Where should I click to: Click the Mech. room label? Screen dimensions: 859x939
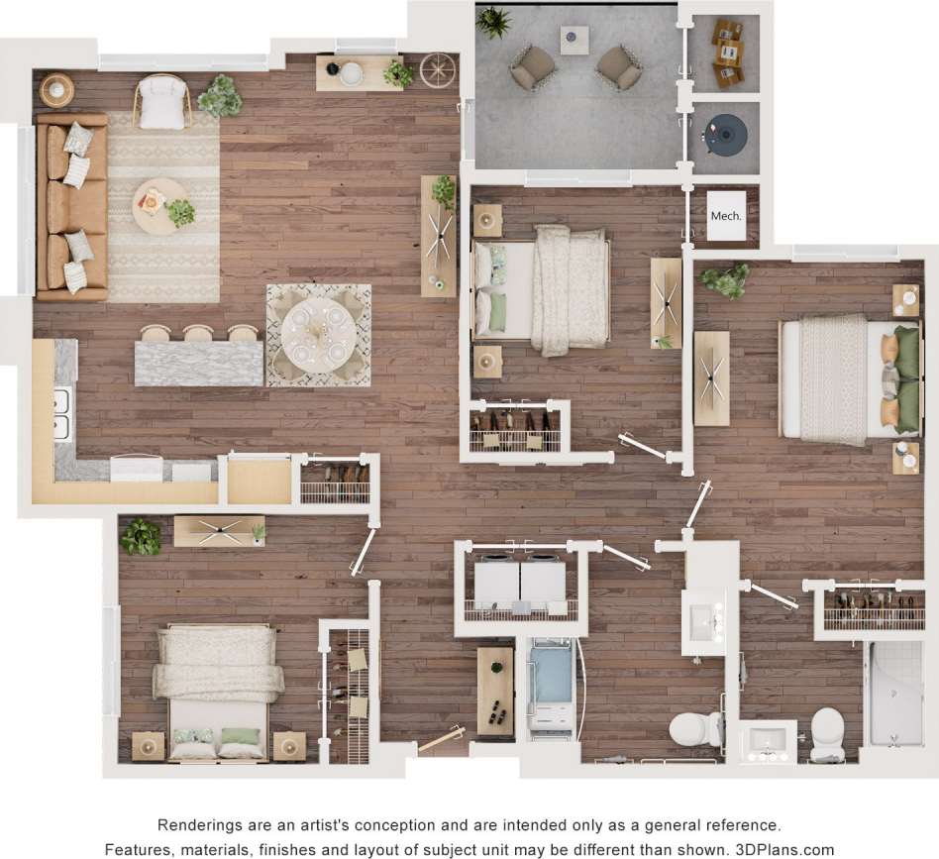click(x=726, y=215)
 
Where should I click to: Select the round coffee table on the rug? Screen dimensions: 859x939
click(x=158, y=205)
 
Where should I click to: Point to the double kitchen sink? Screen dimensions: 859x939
click(x=60, y=414)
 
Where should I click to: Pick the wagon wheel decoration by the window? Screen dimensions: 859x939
click(x=436, y=69)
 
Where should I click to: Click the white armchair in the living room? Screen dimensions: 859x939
click(x=161, y=102)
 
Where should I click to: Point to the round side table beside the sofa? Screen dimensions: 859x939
click(x=56, y=91)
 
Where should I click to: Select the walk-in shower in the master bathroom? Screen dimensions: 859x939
click(x=894, y=694)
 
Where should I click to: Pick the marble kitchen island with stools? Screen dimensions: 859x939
click(x=198, y=362)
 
